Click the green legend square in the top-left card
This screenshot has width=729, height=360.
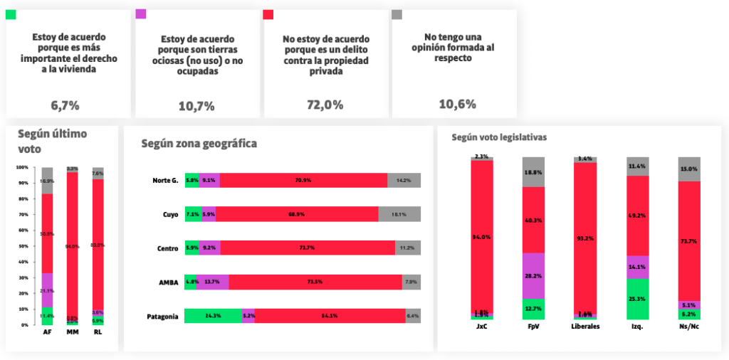click(x=11, y=15)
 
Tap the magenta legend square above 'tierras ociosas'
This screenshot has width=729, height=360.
click(x=140, y=15)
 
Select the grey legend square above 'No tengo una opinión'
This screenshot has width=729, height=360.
click(x=397, y=15)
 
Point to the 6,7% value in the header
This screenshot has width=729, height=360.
click(x=65, y=105)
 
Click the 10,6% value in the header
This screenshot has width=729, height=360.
click(x=457, y=105)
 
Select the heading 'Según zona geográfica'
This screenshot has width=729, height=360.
click(x=199, y=144)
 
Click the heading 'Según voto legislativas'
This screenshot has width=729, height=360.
click(x=499, y=137)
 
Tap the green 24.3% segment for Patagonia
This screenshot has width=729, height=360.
click(x=213, y=316)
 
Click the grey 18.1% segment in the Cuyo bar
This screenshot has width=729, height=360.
click(x=399, y=214)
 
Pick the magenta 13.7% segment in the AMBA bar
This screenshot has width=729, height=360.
click(x=212, y=282)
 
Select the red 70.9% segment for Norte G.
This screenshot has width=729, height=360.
click(x=303, y=180)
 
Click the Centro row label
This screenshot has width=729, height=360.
click(x=167, y=248)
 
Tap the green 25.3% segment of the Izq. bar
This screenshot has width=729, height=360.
click(x=638, y=299)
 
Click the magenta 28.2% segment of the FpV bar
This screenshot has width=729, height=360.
click(x=534, y=275)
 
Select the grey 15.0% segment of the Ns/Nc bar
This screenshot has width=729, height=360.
click(x=689, y=169)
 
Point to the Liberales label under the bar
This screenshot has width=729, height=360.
click(x=585, y=327)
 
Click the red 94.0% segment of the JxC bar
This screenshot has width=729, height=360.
click(x=482, y=236)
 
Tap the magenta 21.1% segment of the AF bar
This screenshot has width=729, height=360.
click(x=47, y=290)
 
